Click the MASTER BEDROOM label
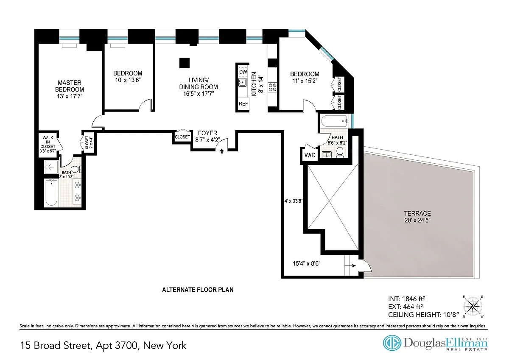[x=70, y=86]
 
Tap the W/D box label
[x=310, y=155]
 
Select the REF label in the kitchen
[x=243, y=104]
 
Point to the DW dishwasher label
[x=243, y=72]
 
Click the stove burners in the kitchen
[x=272, y=87]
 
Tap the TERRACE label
[x=417, y=214]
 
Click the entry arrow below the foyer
[x=221, y=151]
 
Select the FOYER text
[x=207, y=133]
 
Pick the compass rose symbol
[x=473, y=307]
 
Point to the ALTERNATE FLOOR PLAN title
[x=198, y=290]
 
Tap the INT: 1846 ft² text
[x=406, y=299]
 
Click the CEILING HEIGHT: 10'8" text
[x=424, y=315]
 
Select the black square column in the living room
[x=185, y=63]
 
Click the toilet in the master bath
[x=76, y=169]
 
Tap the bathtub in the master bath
[x=51, y=193]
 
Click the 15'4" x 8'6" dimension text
[x=307, y=263]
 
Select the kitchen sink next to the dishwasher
[x=243, y=82]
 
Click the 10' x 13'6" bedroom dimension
[x=128, y=80]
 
